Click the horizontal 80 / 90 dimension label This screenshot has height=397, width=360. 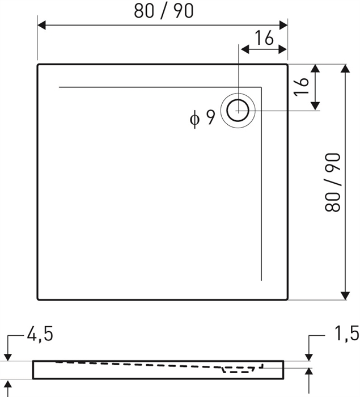(163, 11)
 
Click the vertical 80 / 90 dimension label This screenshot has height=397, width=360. (333, 182)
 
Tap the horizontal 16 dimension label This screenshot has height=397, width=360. (264, 38)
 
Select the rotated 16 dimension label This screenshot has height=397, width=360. (301, 87)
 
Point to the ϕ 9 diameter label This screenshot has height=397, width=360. (202, 118)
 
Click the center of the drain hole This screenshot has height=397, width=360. (238, 111)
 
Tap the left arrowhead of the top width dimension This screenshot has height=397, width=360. (41, 26)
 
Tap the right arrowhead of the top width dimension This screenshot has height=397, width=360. (283, 26)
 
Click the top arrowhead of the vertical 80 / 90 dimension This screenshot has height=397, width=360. (346, 69)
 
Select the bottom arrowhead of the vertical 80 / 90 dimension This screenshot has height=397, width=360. (346, 295)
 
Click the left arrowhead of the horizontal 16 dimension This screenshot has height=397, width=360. (245, 49)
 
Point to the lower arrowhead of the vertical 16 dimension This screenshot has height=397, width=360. (315, 106)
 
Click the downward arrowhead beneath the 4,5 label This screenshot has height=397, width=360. (8, 357)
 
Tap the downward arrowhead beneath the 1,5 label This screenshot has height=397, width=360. (309, 356)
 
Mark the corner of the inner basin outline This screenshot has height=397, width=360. (261, 87)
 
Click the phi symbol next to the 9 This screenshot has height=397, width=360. (194, 119)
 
